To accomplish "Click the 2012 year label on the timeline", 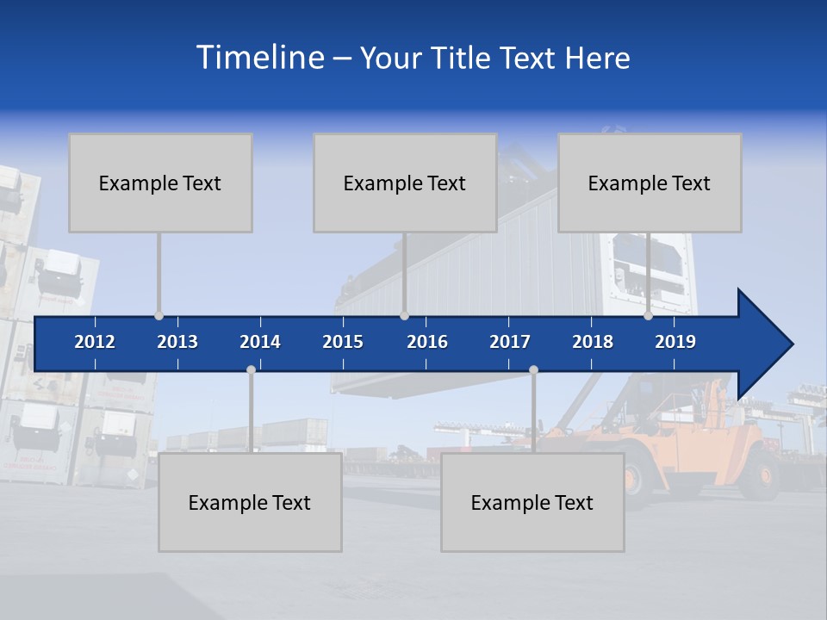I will pyautogui.click(x=95, y=342).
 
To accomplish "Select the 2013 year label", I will pyautogui.click(x=177, y=342).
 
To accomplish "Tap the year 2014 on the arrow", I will pyautogui.click(x=260, y=342).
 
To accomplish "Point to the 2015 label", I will pyautogui.click(x=343, y=342).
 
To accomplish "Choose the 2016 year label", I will pyautogui.click(x=427, y=342).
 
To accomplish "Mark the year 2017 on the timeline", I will pyautogui.click(x=510, y=342).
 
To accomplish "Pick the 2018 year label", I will pyautogui.click(x=593, y=342).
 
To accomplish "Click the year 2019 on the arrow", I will pyautogui.click(x=675, y=342).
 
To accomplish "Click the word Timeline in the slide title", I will pyautogui.click(x=261, y=58).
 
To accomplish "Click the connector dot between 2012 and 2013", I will pyautogui.click(x=159, y=316).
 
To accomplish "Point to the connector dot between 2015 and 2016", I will pyautogui.click(x=404, y=316).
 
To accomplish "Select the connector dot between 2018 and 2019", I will pyautogui.click(x=648, y=316).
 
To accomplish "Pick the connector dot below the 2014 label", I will pyautogui.click(x=251, y=370).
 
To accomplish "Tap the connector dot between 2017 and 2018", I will pyautogui.click(x=533, y=370).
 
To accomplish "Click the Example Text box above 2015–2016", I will pyautogui.click(x=405, y=183).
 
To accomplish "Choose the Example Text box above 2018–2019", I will pyautogui.click(x=650, y=183).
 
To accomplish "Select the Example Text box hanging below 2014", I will pyautogui.click(x=250, y=502).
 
